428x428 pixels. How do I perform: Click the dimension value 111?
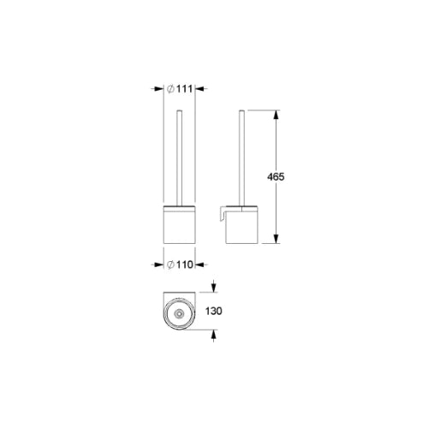pyautogui.click(x=184, y=89)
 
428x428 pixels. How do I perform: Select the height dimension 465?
pyautogui.click(x=276, y=177)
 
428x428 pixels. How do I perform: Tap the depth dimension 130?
pyautogui.click(x=214, y=311)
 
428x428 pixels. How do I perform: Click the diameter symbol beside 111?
pyautogui.click(x=170, y=89)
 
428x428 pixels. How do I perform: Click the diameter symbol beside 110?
pyautogui.click(x=170, y=265)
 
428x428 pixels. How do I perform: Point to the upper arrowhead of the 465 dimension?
pyautogui.click(x=276, y=115)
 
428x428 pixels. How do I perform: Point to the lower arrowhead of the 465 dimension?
pyautogui.click(x=276, y=239)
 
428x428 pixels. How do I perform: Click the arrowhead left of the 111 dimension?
pyautogui.click(x=158, y=89)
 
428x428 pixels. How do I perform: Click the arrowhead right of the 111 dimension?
pyautogui.click(x=199, y=89)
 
